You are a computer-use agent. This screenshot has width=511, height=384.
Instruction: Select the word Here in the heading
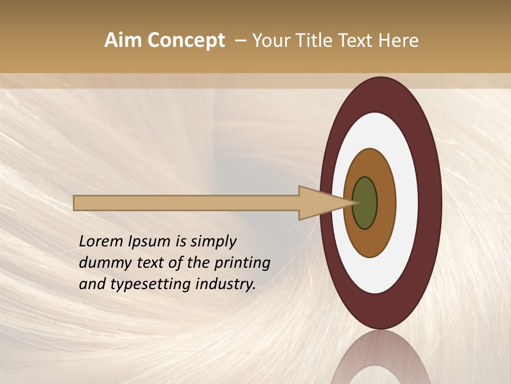(399, 41)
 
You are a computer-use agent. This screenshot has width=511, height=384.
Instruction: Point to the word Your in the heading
(270, 41)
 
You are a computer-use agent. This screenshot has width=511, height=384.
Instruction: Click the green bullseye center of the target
(365, 203)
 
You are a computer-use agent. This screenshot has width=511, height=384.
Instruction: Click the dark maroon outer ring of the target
(430, 203)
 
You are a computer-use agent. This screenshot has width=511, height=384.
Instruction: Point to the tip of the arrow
(356, 203)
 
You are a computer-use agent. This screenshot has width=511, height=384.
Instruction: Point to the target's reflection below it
(381, 360)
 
